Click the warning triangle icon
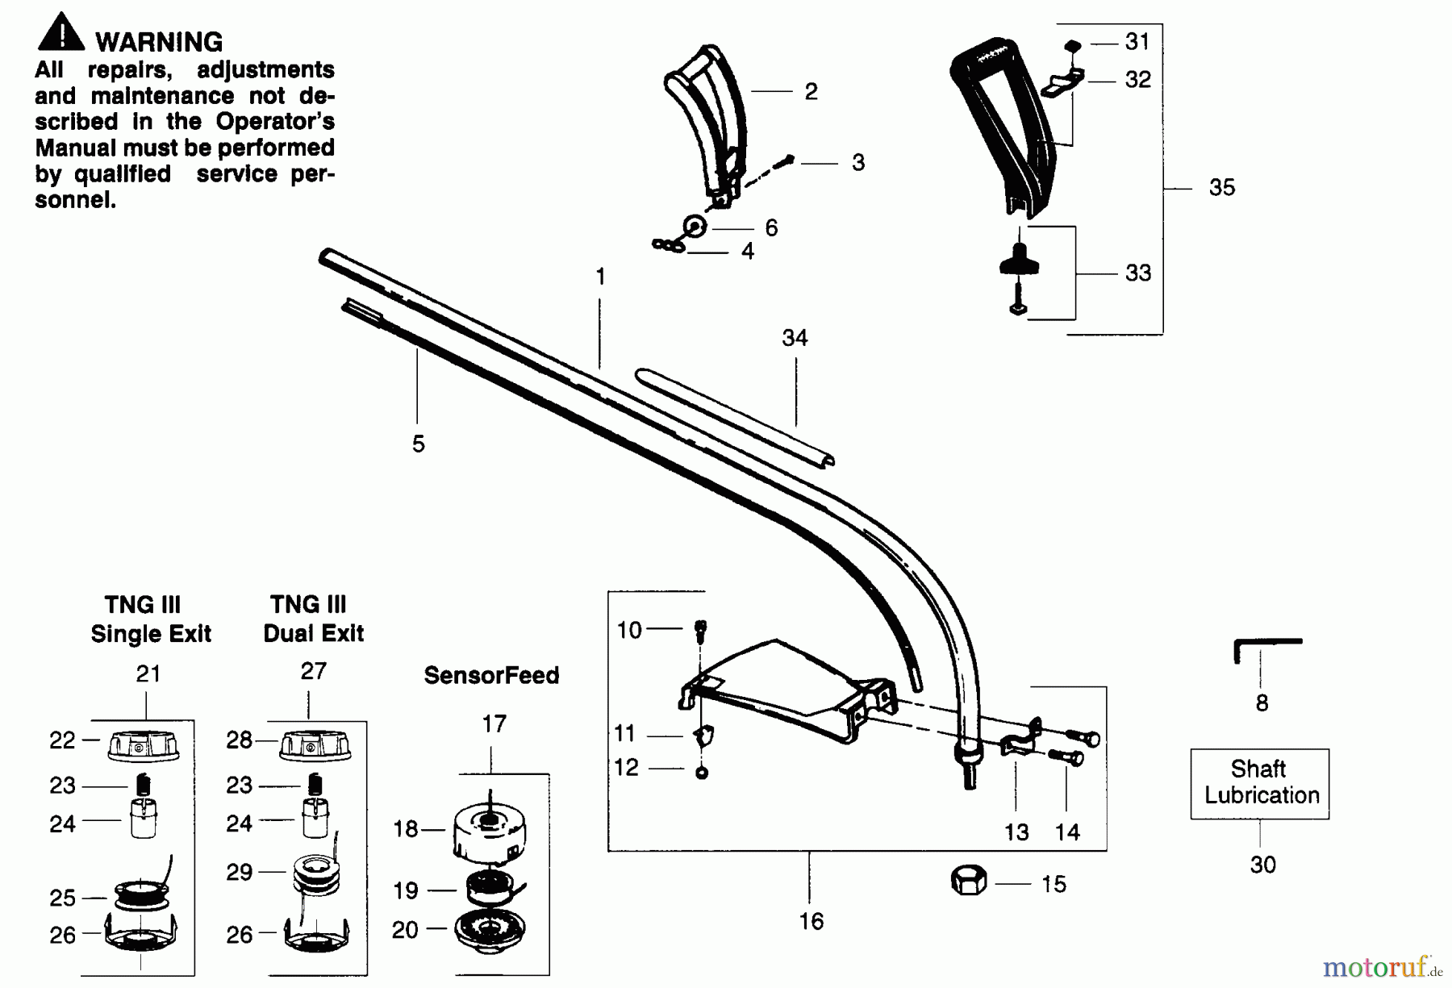[x=60, y=33]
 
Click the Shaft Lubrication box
[x=1260, y=784]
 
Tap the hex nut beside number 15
[x=969, y=881]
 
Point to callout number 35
[x=1222, y=187]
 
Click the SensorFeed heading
[x=491, y=675]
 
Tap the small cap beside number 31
[x=1072, y=45]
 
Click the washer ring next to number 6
[x=695, y=227]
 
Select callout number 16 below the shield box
[x=812, y=921]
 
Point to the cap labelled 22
[x=143, y=745]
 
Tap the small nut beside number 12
[x=701, y=773]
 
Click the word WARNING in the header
[x=159, y=42]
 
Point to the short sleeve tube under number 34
[x=734, y=417]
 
